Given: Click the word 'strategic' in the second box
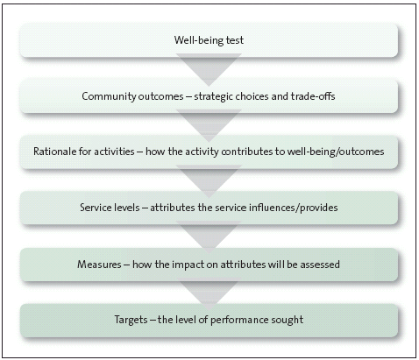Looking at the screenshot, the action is point(213,96).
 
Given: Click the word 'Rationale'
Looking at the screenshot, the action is point(55,152).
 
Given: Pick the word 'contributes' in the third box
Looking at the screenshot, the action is point(246,152).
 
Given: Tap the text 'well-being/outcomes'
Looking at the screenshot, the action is point(336,152).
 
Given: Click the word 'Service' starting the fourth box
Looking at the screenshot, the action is point(95,208).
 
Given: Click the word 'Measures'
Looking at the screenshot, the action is point(99,265).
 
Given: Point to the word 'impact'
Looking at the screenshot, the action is point(188,265).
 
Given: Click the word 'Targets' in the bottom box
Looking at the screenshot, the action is point(131,320).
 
